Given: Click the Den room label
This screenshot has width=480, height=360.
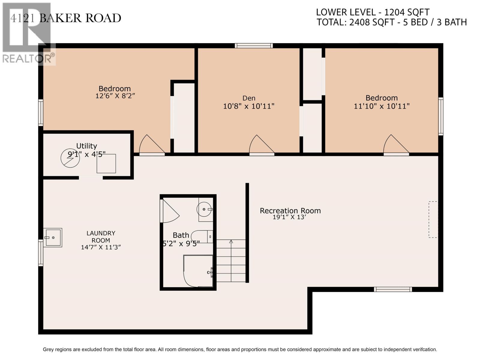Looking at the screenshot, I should point(249,98).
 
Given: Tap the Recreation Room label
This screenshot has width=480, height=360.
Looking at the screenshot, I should point(290,211).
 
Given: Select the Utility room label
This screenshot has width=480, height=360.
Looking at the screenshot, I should point(86,146).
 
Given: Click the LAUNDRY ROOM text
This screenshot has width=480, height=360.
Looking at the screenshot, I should point(101,237).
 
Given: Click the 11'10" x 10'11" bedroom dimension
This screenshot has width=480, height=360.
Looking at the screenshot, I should point(382,106).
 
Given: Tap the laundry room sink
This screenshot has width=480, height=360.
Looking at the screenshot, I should point(53,238).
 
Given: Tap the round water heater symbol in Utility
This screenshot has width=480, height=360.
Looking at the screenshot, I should point(70,158).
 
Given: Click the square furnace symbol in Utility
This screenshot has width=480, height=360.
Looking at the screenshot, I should point(106,163).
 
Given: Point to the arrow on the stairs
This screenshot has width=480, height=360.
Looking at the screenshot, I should point(231,242).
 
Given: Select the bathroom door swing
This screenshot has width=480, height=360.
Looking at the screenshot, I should point(169,211).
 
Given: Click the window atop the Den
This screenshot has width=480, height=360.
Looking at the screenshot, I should point(253,46).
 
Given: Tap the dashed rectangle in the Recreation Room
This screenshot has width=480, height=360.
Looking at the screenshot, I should point(433,220).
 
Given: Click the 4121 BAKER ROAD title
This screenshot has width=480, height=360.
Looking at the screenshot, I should point(66,18).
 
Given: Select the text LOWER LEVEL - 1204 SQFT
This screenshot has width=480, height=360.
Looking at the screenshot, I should point(373,12).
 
